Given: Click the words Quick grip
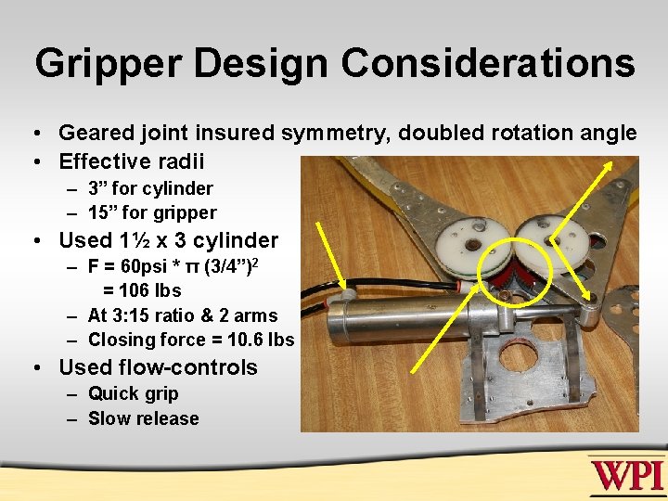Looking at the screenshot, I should coord(133,394).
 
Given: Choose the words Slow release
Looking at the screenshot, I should coord(143,418).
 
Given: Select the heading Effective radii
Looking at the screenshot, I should coord(131,161).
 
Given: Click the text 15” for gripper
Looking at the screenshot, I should coord(152,212).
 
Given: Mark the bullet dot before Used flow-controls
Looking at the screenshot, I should coord(37,368).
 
